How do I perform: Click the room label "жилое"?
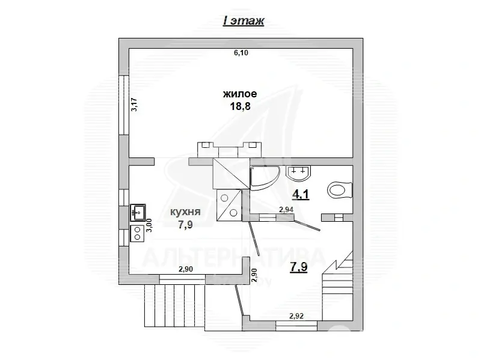click(240, 94)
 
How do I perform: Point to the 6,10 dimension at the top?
click(240, 53)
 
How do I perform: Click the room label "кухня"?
click(185, 212)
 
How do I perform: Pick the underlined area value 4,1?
click(301, 195)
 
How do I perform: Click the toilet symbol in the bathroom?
click(340, 190)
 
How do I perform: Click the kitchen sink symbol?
click(137, 212)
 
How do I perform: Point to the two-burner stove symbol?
click(137, 233)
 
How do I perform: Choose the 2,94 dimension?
click(287, 209)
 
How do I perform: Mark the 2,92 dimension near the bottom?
click(297, 315)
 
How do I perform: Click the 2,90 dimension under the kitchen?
click(186, 270)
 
